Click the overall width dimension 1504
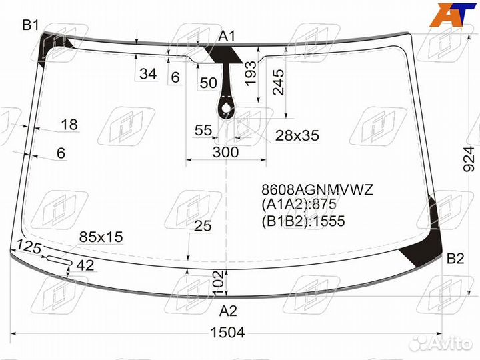pyautogui.click(x=228, y=332)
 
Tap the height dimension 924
pyautogui.click(x=469, y=159)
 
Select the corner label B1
pyautogui.click(x=31, y=25)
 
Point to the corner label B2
pyautogui.click(x=455, y=259)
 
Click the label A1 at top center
pyautogui.click(x=227, y=36)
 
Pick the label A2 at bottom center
pyautogui.click(x=228, y=311)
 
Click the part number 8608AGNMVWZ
pyautogui.click(x=317, y=190)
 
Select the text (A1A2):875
pyautogui.click(x=299, y=204)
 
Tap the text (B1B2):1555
pyautogui.click(x=303, y=221)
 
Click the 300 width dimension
pyautogui.click(x=225, y=152)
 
